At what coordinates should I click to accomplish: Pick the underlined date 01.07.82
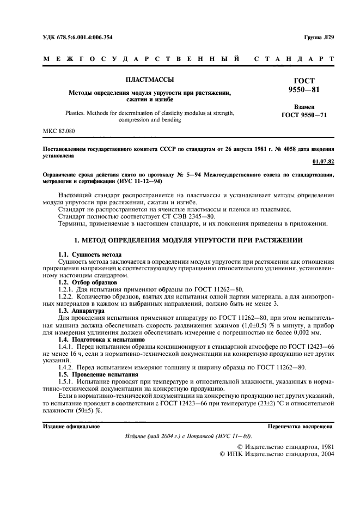point(324,161)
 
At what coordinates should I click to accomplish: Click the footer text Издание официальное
point(71,426)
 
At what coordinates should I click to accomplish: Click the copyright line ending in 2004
point(277,452)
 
